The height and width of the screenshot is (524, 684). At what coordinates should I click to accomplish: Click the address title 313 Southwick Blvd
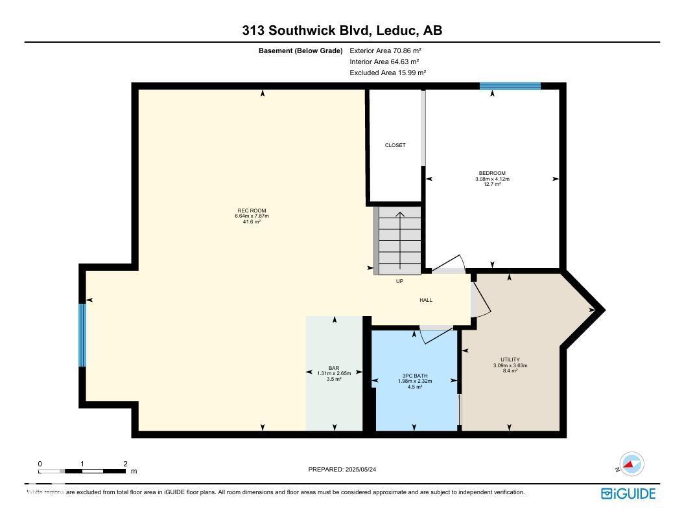342,30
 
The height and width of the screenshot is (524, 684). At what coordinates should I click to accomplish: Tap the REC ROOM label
252,211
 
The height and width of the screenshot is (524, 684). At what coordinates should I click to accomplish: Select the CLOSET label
395,145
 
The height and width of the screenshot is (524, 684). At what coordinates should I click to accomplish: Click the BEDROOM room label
492,173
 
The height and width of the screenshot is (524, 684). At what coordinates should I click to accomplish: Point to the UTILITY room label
510,359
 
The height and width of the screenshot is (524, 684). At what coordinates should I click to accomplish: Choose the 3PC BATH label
415,376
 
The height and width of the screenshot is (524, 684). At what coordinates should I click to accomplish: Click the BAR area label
334,368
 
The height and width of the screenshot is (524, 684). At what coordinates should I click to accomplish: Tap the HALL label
426,300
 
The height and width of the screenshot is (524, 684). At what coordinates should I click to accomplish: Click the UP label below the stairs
399,282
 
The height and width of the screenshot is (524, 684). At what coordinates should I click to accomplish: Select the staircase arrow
399,240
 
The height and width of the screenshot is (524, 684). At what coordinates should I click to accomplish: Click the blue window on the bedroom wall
510,85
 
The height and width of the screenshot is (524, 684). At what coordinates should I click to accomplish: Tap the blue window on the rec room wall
82,335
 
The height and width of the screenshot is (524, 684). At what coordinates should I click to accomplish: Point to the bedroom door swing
449,263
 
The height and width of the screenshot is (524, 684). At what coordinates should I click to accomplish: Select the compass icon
631,464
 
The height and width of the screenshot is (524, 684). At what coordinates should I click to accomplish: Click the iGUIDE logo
628,494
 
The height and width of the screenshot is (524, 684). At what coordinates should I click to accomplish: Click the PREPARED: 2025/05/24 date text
351,470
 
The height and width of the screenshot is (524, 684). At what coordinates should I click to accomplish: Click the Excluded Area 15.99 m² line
388,73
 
